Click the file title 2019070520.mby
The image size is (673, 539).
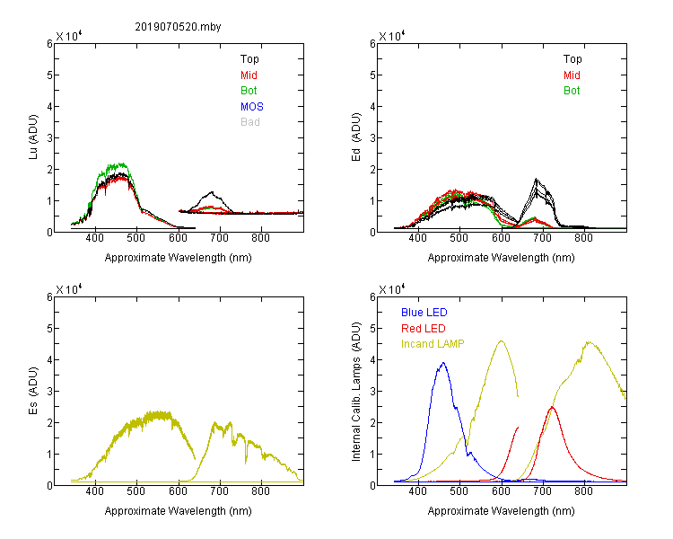pos(178,27)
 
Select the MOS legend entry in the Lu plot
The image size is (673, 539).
pos(252,107)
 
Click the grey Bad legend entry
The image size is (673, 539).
pos(250,122)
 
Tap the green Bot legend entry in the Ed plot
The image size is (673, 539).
pos(572,91)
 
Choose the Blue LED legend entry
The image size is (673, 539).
pos(424,313)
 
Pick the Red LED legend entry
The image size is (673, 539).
pos(424,329)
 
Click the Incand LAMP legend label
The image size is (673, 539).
pos(433,344)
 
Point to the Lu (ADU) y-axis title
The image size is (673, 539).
pos(33,137)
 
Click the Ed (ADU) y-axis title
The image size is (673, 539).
pos(356,137)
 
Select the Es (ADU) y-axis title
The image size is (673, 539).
pos(33,391)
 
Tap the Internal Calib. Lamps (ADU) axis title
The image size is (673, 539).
pos(356,392)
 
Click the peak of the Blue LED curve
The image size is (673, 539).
pos(443,363)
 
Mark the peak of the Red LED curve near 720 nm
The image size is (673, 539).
pos(552,407)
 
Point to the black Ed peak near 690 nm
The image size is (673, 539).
pos(536,179)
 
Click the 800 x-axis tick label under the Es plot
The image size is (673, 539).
pos(260,491)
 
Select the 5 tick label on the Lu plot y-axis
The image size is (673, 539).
pos(49,75)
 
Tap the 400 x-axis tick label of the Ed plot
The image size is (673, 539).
pos(417,238)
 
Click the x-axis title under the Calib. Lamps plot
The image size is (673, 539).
pos(501,510)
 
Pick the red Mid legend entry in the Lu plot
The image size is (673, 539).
pos(249,75)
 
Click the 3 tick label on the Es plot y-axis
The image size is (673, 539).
pos(49,392)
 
